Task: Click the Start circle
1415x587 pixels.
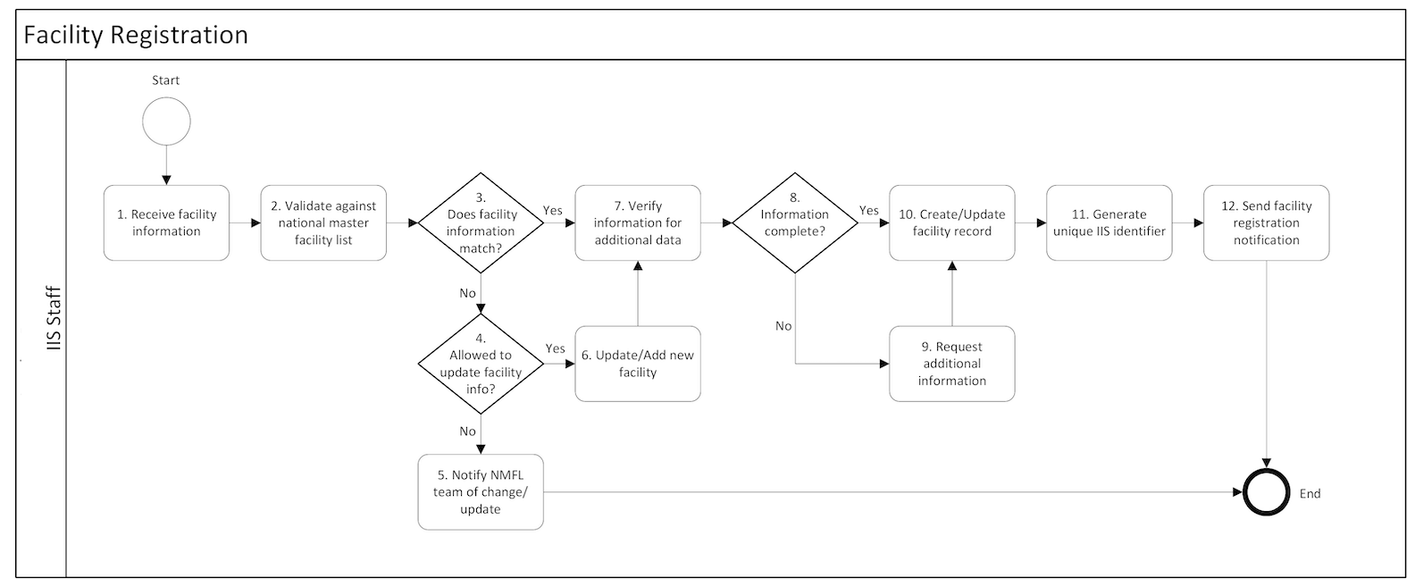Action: (x=166, y=122)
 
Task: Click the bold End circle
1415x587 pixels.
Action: (x=1267, y=492)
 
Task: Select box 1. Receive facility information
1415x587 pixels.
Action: (x=166, y=222)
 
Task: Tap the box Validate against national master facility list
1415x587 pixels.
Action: (x=323, y=222)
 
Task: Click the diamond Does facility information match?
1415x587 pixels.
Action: (x=481, y=223)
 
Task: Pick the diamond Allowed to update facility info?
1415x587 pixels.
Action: (x=481, y=364)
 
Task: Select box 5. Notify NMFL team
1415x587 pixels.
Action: (x=481, y=492)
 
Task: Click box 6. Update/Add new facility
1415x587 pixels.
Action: (x=638, y=364)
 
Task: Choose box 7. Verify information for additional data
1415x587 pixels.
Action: (x=638, y=222)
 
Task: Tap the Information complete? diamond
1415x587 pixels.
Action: (x=795, y=222)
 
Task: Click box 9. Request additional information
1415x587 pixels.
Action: (x=952, y=364)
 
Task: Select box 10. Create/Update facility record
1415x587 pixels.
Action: (x=952, y=222)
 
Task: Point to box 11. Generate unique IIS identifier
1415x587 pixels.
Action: (x=1109, y=222)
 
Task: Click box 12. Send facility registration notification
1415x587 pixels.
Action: (x=1266, y=222)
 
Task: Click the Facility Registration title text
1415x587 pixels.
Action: (x=136, y=35)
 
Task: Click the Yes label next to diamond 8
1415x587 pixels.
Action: (x=869, y=211)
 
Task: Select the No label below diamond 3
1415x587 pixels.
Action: (x=467, y=293)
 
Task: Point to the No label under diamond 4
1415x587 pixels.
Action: (x=467, y=432)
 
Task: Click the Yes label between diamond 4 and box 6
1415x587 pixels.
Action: (x=555, y=349)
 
